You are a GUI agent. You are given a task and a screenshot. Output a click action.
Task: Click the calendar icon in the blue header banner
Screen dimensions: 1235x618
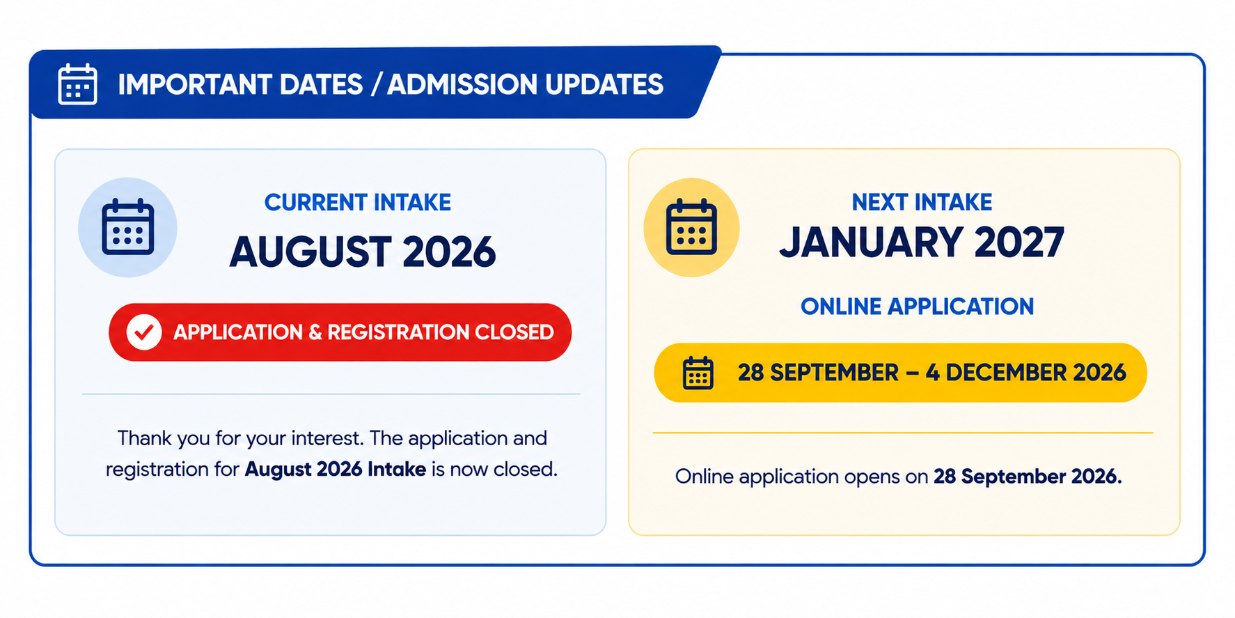coord(77,84)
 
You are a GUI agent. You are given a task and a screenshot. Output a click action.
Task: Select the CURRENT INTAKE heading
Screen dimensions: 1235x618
coord(358,202)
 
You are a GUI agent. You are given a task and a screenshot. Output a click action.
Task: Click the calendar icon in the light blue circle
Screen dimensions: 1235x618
coord(127,227)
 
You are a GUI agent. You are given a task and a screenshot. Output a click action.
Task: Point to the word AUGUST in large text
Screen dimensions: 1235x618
coord(310,252)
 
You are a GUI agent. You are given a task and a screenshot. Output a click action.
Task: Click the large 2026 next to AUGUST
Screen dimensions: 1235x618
coord(449,252)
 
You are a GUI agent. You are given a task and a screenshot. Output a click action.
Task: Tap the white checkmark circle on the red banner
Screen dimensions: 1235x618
coord(144,332)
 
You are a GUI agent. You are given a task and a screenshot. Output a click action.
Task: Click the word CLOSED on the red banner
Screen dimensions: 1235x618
coord(514,332)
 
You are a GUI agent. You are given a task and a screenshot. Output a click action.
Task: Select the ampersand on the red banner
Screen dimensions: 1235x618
coord(315,332)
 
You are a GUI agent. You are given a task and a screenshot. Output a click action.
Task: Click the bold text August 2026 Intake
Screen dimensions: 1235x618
coord(335,469)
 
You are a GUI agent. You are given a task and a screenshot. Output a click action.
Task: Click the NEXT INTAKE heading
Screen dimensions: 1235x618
coord(922,202)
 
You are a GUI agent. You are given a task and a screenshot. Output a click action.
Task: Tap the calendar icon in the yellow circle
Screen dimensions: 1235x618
coord(691,227)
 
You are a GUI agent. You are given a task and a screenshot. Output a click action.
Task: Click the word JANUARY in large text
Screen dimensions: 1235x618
coord(872,242)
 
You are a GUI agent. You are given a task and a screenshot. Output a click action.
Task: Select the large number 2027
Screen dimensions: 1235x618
coord(1020,242)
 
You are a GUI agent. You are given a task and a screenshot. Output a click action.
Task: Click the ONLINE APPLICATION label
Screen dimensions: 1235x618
coord(918,307)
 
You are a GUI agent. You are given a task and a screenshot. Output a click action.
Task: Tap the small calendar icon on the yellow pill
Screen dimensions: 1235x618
coord(698,373)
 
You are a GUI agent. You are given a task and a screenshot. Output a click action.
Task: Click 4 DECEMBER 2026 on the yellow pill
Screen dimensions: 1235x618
coord(1025,373)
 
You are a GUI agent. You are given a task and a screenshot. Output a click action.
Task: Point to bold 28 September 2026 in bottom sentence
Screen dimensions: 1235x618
coord(1028,477)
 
